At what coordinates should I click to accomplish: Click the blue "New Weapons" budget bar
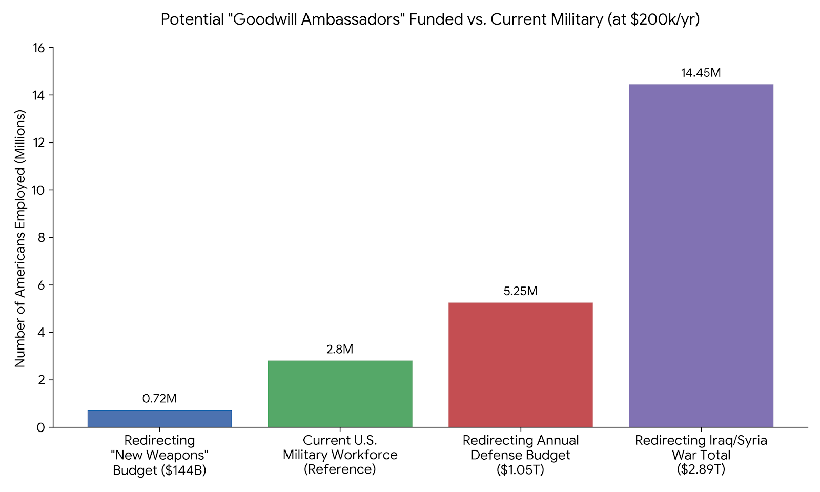coord(159,418)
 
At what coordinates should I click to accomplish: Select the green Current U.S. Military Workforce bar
coord(340,394)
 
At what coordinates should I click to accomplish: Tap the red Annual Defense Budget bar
coord(520,364)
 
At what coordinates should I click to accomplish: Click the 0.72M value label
coord(159,399)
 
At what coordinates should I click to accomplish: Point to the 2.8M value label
coord(340,350)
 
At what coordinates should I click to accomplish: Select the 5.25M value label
coord(520,292)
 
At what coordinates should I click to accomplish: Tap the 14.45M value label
coord(701,73)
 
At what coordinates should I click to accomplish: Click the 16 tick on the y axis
coord(39,48)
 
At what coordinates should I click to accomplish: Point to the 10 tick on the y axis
coord(39,190)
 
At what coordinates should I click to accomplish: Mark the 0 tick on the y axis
coord(41,427)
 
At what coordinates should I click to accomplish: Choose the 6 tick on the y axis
coord(41,285)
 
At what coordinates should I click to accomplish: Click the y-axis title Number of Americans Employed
coord(20,238)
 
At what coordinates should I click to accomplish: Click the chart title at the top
coord(430,19)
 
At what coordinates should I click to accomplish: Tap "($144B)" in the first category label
coord(182,470)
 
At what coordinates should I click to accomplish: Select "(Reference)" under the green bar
coord(340,469)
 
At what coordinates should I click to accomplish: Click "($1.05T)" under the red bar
coord(520,469)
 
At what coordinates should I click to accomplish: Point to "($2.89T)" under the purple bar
coord(701,469)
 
